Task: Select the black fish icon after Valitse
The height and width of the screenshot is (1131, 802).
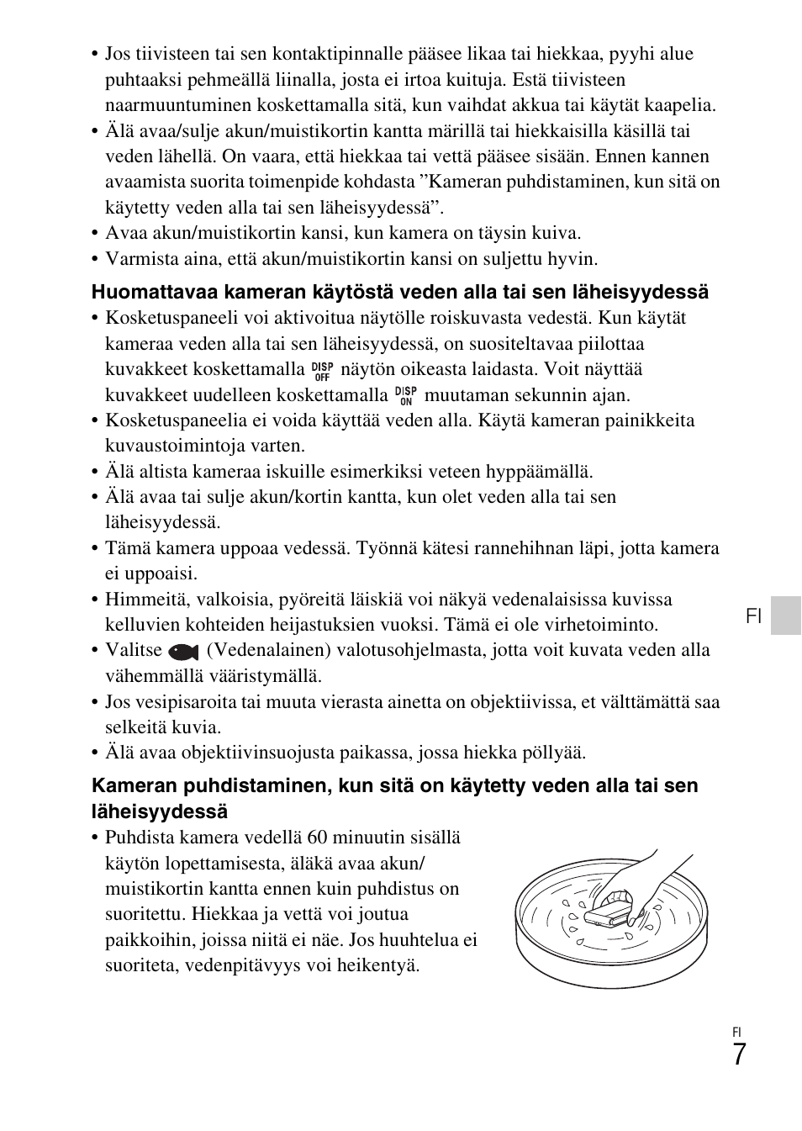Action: pyautogui.click(x=182, y=652)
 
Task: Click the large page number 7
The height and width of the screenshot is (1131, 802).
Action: pyautogui.click(x=738, y=1054)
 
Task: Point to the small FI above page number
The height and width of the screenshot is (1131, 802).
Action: pyautogui.click(x=737, y=1032)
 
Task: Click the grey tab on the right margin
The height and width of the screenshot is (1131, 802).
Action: pyautogui.click(x=786, y=616)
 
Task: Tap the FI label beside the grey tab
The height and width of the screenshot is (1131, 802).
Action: pyautogui.click(x=753, y=616)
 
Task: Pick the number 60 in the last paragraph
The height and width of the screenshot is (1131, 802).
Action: pyautogui.click(x=316, y=838)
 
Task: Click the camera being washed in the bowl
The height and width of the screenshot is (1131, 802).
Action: pyautogui.click(x=608, y=912)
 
